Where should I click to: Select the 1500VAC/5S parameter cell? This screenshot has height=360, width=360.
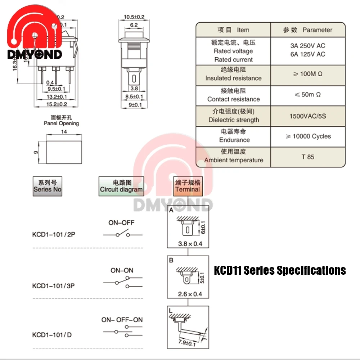(x=307, y=116)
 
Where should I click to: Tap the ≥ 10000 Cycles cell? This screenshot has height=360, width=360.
(x=308, y=136)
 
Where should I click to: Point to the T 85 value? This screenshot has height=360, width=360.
(x=308, y=157)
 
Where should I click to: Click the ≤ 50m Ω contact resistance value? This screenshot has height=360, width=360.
(x=307, y=95)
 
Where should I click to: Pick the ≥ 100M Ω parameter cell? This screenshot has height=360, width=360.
(x=307, y=74)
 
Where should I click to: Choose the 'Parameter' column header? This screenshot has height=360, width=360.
(x=307, y=30)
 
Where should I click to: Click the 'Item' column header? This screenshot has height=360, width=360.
(x=233, y=30)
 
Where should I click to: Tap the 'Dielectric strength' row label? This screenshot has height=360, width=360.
(x=234, y=120)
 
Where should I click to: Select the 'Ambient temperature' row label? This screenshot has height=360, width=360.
(x=234, y=160)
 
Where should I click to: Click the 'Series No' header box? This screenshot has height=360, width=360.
(x=48, y=186)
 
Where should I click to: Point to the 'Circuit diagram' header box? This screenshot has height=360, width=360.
(x=121, y=186)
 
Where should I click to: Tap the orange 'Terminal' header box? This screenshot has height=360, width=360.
(x=188, y=186)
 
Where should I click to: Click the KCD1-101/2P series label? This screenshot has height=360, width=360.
(x=54, y=234)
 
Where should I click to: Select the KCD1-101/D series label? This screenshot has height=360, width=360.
(x=52, y=335)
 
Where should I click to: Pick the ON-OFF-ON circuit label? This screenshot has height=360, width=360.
(x=122, y=320)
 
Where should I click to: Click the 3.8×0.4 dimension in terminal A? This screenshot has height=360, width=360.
(x=190, y=244)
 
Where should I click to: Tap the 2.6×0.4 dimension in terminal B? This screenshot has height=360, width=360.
(x=190, y=294)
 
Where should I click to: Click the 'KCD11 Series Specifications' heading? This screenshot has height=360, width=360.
(x=280, y=270)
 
